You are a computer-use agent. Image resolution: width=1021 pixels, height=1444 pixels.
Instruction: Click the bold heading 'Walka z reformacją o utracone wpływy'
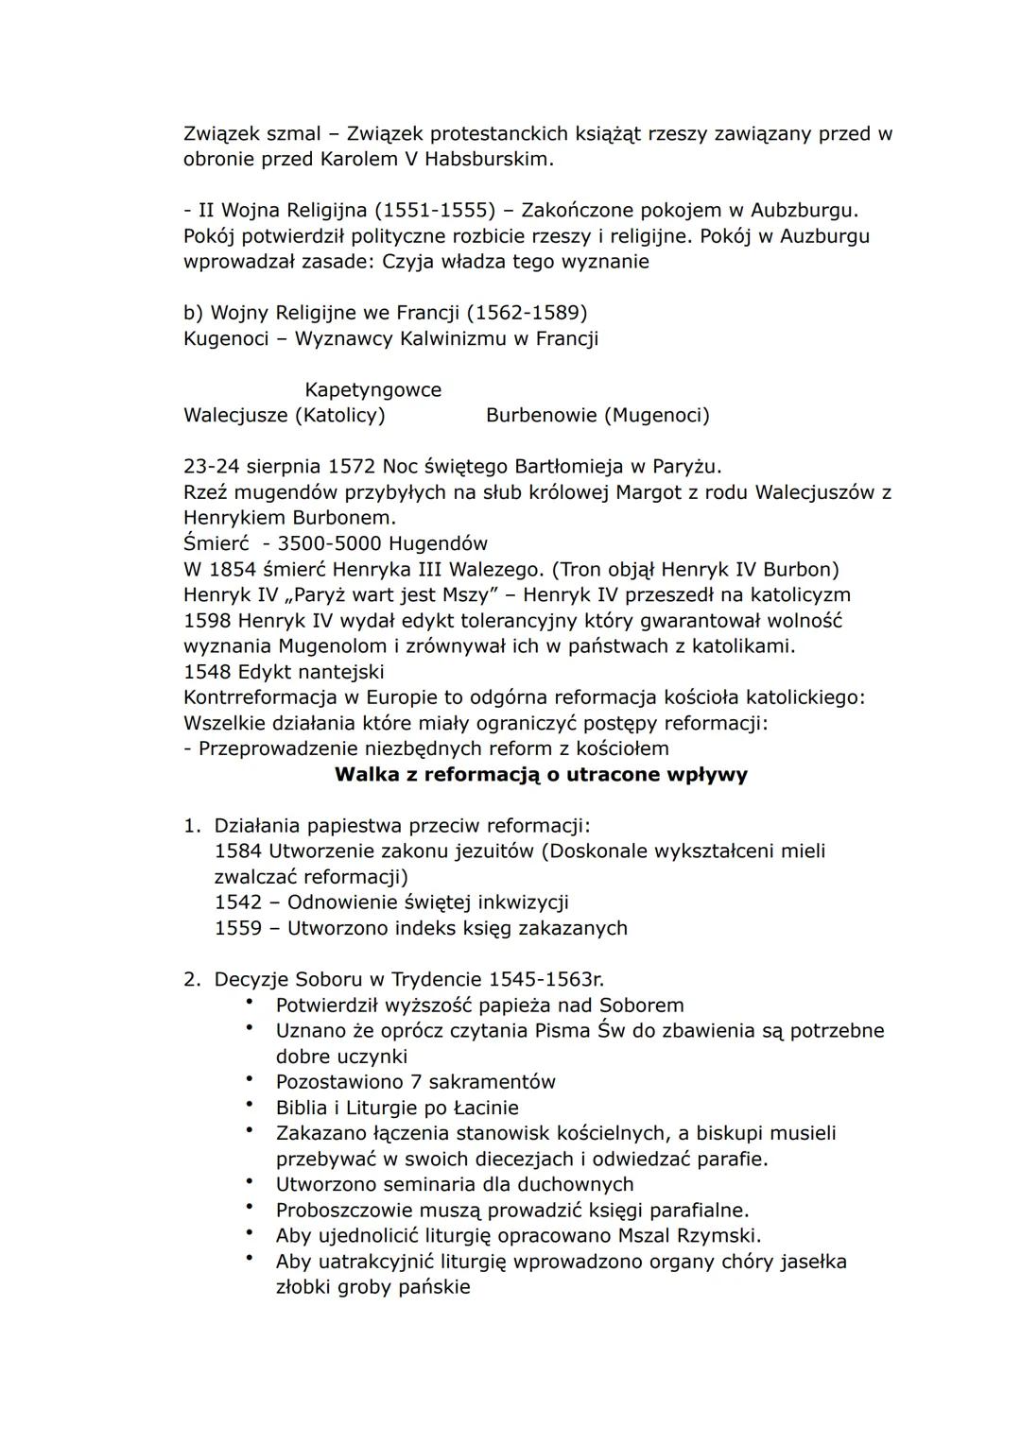point(541,775)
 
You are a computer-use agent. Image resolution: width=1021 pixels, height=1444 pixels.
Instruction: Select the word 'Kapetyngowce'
point(372,389)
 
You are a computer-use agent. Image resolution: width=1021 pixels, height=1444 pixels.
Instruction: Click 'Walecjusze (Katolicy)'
point(284,415)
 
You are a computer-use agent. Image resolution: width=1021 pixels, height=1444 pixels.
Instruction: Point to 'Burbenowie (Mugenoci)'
point(597,415)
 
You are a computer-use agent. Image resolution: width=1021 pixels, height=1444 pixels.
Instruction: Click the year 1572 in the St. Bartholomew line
point(352,467)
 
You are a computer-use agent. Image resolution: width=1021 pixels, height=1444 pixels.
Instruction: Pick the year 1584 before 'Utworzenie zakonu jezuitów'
point(238,851)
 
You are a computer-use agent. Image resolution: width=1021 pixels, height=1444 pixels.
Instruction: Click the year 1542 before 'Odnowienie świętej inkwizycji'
point(238,902)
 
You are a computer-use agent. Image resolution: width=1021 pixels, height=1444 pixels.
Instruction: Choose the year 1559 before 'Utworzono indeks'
point(238,928)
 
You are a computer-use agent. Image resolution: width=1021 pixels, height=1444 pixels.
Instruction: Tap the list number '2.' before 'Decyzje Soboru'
point(192,979)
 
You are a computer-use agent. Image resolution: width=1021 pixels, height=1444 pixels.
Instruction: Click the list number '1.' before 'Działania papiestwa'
point(192,826)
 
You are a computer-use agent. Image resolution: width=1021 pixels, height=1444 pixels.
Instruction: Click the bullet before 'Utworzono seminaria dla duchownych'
point(250,1181)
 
